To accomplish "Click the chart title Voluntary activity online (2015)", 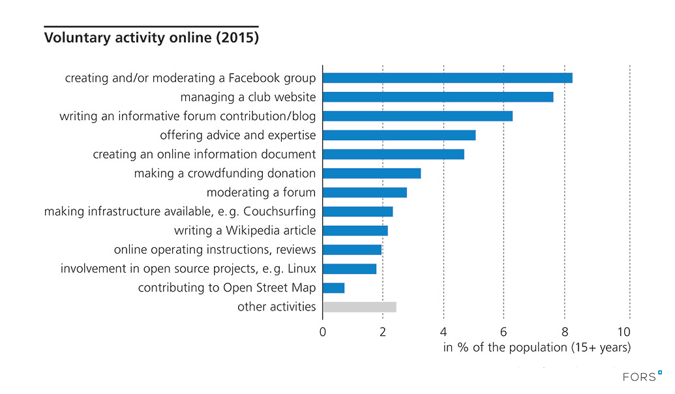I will click(x=151, y=38).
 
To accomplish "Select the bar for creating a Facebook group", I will click(x=447, y=78).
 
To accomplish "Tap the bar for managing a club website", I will click(x=438, y=97).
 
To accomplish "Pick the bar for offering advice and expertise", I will click(x=399, y=136).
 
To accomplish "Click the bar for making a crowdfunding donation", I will click(x=372, y=174).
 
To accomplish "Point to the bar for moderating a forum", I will click(x=365, y=192).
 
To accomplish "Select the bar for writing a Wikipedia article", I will click(x=355, y=231).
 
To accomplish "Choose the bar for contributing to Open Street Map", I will click(x=333, y=288).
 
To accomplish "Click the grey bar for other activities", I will click(x=359, y=307).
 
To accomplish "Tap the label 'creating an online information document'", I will click(x=204, y=155).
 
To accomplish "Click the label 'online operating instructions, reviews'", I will click(x=215, y=250).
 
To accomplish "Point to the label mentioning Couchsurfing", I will click(x=180, y=212).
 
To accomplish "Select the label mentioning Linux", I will click(x=188, y=269).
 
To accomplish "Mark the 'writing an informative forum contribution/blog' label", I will click(x=188, y=117).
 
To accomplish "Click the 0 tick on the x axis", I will click(x=323, y=331).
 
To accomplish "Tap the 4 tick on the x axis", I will click(x=443, y=331).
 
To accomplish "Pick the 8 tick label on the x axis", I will click(x=563, y=331).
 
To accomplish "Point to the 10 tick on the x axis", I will click(x=627, y=331).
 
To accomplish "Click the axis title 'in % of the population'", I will click(x=537, y=348).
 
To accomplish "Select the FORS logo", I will click(x=642, y=376).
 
